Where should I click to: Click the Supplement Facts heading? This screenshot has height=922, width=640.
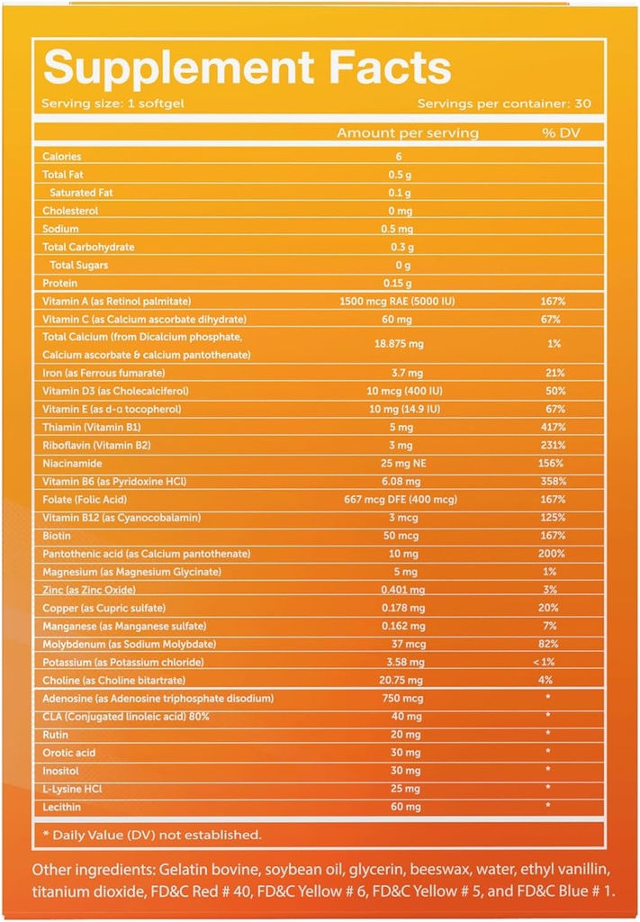(x=247, y=68)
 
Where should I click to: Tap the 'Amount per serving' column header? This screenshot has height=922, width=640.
(x=408, y=133)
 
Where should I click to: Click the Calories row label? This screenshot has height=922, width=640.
(x=62, y=157)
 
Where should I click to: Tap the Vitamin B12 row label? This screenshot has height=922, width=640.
(x=122, y=518)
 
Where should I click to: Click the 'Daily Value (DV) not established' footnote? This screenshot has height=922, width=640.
(x=152, y=835)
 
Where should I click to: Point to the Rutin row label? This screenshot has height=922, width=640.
(x=57, y=734)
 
